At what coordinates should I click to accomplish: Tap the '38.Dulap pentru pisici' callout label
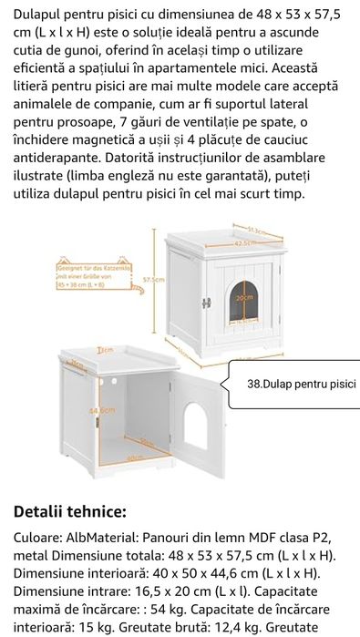tap(302, 384)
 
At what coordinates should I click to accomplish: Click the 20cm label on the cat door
tap(242, 298)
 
